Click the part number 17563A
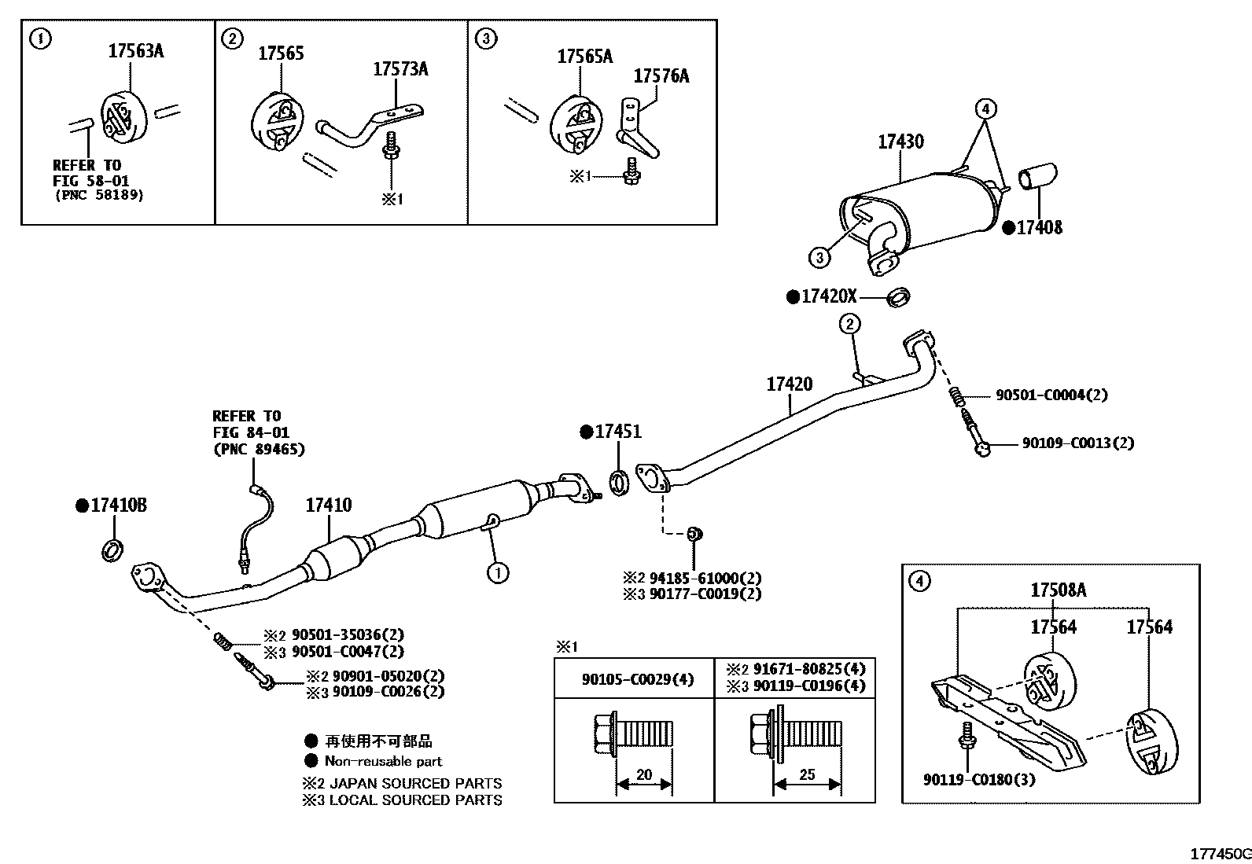click(x=135, y=52)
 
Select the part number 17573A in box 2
click(x=400, y=69)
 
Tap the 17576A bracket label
click(x=661, y=76)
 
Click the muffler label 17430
click(x=900, y=142)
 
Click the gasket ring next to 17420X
click(x=898, y=298)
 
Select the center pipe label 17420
click(x=789, y=384)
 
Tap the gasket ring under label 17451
click(x=620, y=483)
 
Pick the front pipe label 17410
click(x=328, y=506)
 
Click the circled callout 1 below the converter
click(x=497, y=573)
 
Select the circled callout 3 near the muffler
click(x=819, y=257)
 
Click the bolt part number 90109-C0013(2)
click(x=1077, y=443)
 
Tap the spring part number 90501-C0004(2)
click(x=1051, y=395)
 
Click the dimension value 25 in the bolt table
click(x=807, y=774)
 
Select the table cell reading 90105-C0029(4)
click(x=637, y=679)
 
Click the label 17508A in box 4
click(x=1058, y=590)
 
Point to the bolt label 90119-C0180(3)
click(x=978, y=780)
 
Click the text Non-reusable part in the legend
click(x=383, y=761)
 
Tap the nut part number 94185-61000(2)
click(x=705, y=578)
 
